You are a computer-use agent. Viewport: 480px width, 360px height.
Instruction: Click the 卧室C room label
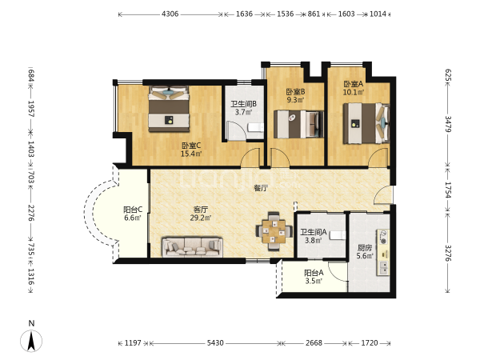pyautogui.click(x=191, y=146)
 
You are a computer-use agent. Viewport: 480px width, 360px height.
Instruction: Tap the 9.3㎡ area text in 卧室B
pyautogui.click(x=295, y=100)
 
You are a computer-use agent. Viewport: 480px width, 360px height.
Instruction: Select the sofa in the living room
pyautogui.click(x=192, y=246)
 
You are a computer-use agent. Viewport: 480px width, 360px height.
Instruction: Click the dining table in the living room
pyautogui.click(x=274, y=231)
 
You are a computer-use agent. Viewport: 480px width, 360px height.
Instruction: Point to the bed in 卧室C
pyautogui.click(x=169, y=109)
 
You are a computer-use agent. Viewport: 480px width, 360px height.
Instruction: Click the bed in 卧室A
pyautogui.click(x=366, y=123)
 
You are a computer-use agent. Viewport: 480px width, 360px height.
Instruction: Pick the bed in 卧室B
pyautogui.click(x=298, y=124)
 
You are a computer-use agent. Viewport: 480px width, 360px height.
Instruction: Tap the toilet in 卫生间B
pyautogui.click(x=255, y=127)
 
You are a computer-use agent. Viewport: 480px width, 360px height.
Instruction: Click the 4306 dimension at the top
pyautogui.click(x=170, y=14)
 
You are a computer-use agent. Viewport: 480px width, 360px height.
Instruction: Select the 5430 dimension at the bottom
pyautogui.click(x=215, y=343)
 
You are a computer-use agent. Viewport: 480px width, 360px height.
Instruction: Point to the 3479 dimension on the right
pyautogui.click(x=447, y=124)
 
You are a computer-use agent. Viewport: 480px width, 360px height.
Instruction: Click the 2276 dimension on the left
pyautogui.click(x=31, y=213)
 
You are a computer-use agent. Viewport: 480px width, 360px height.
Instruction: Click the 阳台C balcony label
pyautogui.click(x=133, y=210)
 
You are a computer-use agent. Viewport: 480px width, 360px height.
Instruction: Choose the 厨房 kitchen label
pyautogui.click(x=365, y=248)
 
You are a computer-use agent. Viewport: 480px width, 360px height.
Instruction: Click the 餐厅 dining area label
pyautogui.click(x=261, y=188)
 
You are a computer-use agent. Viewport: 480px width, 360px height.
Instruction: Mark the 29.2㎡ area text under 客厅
pyautogui.click(x=201, y=218)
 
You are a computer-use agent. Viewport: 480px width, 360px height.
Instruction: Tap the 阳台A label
pyautogui.click(x=314, y=273)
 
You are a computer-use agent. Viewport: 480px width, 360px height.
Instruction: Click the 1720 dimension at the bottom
pyautogui.click(x=370, y=343)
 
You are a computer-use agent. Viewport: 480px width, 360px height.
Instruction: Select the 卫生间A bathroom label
pyautogui.click(x=313, y=233)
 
